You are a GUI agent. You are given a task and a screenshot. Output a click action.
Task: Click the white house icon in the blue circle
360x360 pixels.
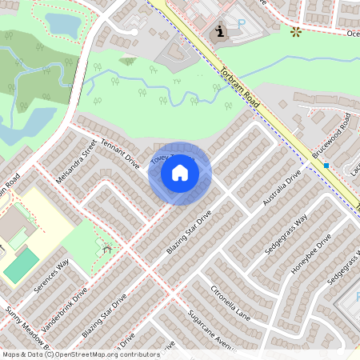coord(180,173)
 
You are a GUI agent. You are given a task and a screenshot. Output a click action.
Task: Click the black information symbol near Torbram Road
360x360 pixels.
coord(219,31)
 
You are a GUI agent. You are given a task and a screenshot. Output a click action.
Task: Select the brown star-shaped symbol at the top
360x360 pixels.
coord(296,32)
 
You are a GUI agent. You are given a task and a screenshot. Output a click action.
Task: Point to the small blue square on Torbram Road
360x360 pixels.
coord(326,166)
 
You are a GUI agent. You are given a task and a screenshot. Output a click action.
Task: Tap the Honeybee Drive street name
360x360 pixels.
coord(310,255)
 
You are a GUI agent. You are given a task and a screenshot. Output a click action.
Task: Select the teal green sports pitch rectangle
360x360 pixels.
coord(21,264)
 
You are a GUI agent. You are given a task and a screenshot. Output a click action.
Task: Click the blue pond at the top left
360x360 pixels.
coord(60,24)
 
